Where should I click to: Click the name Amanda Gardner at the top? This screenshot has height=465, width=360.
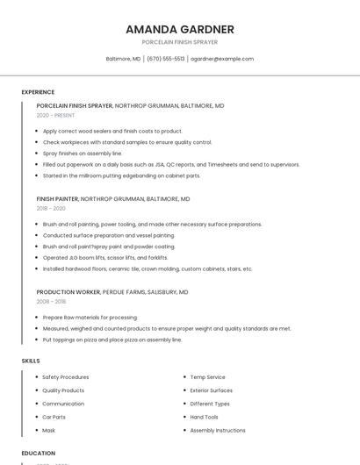179,29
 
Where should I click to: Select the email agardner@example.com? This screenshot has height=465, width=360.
222,59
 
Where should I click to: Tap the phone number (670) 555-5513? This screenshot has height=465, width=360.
165,59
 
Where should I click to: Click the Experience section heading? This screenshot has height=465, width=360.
38,92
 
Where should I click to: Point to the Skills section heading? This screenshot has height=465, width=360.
31,361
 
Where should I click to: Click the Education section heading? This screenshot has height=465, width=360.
38,454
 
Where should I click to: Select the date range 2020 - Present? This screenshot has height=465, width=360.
55,115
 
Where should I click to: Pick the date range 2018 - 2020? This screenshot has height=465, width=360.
51,208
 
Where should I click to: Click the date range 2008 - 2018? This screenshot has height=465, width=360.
51,301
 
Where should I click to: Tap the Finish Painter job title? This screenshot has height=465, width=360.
57,199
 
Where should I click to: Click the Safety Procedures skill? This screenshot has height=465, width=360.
66,377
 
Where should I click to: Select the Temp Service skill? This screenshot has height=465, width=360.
207,377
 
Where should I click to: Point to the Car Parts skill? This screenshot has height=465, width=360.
54,417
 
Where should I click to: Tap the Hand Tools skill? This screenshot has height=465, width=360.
204,417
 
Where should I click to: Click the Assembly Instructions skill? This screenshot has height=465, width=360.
218,431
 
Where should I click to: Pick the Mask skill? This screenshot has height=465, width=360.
48,431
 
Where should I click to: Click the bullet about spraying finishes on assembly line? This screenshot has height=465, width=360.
83,153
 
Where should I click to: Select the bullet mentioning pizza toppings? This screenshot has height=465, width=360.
112,340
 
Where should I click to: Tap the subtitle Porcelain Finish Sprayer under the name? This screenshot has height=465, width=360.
179,42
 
